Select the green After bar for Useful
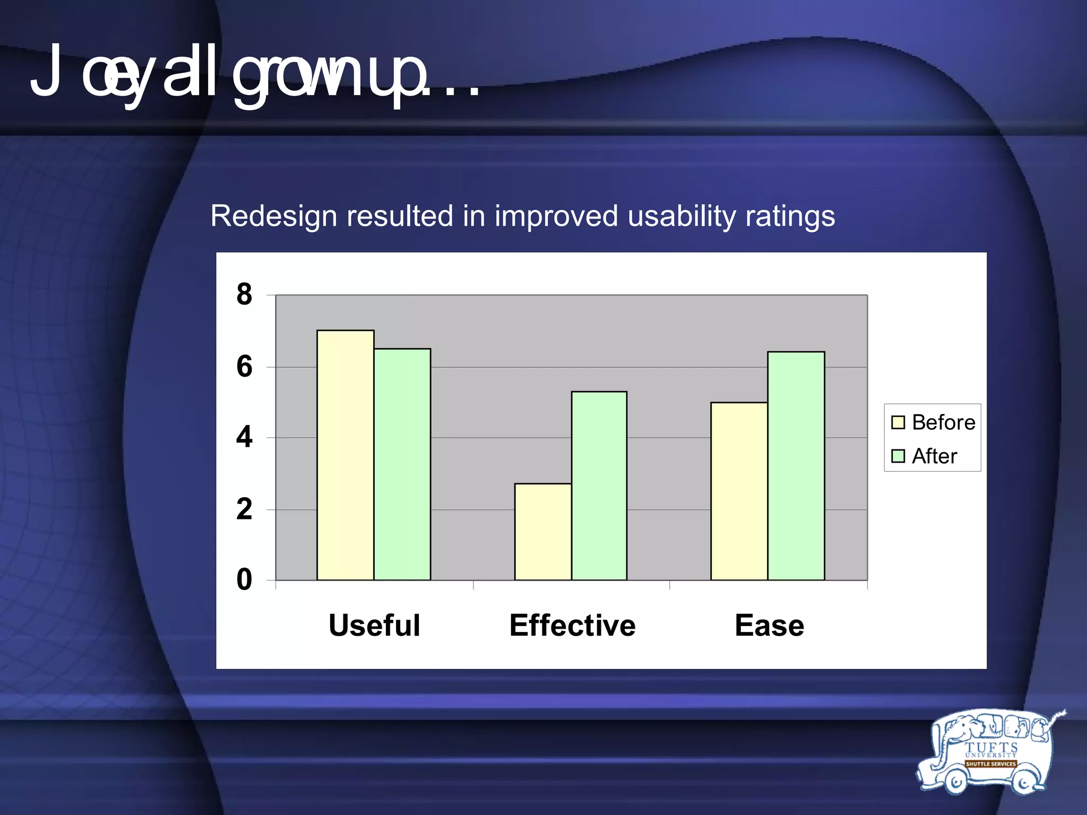pos(402,464)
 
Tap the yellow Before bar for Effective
pos(543,532)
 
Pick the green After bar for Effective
pos(599,485)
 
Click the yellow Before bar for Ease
pos(739,491)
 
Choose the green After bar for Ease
pos(796,466)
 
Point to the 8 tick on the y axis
pos(244,294)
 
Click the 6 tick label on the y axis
pos(244,367)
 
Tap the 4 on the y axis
pos(244,438)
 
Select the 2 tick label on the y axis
pos(244,509)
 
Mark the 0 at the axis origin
pos(244,579)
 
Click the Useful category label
pos(374,625)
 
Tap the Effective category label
pos(572,625)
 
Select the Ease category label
pos(769,625)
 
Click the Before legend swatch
pos(898,422)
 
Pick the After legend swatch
pos(898,456)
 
